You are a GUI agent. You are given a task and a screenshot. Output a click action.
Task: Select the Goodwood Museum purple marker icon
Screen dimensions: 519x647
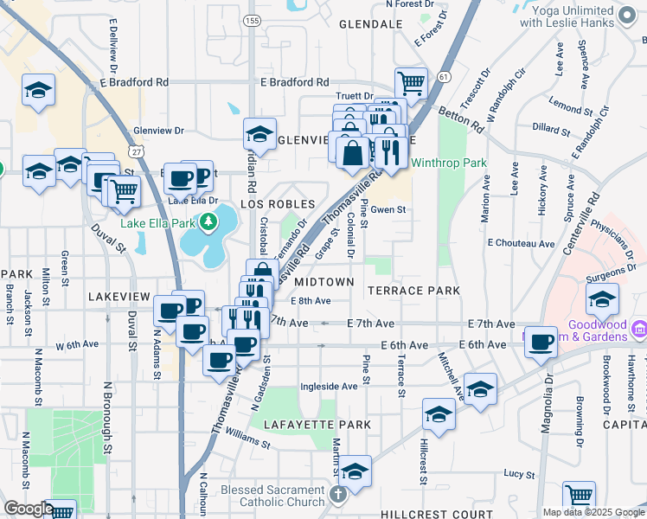640,329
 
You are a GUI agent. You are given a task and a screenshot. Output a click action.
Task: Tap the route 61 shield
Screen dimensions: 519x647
444,77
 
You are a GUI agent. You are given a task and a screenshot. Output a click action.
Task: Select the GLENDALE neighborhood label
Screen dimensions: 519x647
371,24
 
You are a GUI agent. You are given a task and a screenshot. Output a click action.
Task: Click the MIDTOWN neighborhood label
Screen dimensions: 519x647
324,282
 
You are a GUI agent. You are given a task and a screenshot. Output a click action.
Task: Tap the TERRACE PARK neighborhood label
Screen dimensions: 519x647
414,291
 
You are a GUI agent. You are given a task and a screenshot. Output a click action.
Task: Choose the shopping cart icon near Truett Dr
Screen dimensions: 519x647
412,82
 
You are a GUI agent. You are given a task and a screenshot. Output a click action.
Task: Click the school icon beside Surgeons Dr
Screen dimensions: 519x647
602,301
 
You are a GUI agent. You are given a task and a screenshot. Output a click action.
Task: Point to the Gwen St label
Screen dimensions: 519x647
388,209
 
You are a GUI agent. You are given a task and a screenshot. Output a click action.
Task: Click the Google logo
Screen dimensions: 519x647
29,509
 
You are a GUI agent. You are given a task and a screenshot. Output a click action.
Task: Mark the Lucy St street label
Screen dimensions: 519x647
519,474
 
